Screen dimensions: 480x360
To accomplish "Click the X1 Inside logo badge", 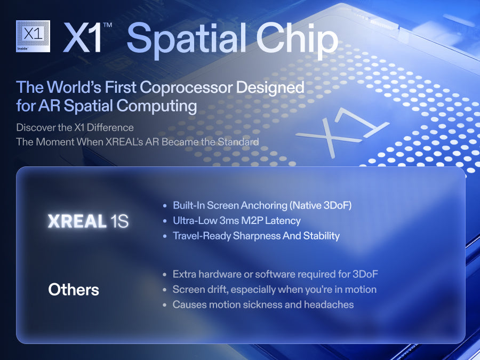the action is (33, 36).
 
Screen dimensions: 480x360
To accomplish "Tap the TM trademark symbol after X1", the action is (107, 25).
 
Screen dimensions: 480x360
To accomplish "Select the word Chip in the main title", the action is (297, 39).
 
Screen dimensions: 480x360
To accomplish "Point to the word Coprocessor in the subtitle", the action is (186, 88).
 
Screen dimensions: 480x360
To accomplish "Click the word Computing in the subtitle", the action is (156, 106).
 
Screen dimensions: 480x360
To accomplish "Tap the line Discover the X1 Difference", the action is (75, 127).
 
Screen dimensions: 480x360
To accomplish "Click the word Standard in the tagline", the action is (238, 142).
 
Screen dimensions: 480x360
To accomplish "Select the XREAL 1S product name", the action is (88, 221).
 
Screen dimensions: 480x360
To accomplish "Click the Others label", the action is (74, 290).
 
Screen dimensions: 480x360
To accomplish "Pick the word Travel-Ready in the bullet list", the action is (202, 236).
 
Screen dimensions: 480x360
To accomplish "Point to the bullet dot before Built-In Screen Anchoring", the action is (165, 206).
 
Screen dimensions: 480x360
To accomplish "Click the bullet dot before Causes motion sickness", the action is (165, 305).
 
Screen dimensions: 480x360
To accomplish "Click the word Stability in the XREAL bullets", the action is (322, 236).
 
